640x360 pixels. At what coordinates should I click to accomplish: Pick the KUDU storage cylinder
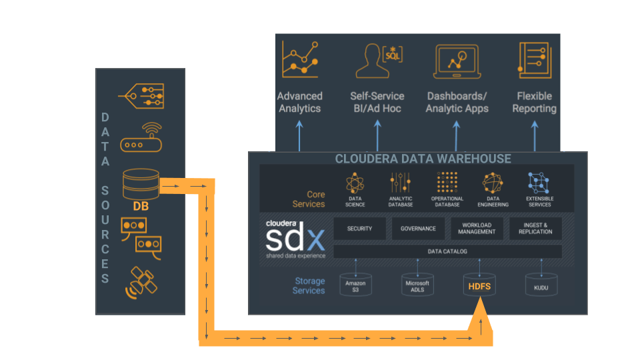point(541,285)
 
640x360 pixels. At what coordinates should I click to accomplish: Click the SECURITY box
point(359,229)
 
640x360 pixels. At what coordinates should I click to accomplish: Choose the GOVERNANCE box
point(418,229)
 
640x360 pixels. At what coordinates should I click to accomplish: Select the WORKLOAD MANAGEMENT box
point(477,229)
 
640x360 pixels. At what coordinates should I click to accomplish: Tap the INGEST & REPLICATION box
point(535,229)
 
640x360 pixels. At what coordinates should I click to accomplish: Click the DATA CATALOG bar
point(447,251)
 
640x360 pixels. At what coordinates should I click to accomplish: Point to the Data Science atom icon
point(355,183)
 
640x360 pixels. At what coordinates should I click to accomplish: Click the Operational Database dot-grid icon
point(447,182)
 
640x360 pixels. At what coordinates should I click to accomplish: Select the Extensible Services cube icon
point(539,182)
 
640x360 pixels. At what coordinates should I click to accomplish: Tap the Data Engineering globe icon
point(493,183)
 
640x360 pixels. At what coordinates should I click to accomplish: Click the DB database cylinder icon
point(141,183)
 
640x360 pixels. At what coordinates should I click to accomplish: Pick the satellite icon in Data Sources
point(141,283)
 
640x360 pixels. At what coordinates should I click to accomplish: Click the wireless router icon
point(141,138)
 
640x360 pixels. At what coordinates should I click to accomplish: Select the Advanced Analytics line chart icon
point(300,59)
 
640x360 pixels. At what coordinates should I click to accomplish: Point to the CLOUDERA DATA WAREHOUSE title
point(423,159)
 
